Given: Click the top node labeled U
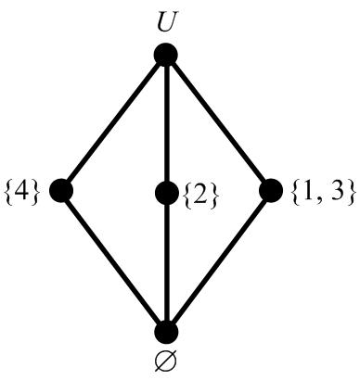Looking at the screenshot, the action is pos(166,56).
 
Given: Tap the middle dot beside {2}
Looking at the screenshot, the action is pos(166,193).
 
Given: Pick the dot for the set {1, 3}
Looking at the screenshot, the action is pos(271,191).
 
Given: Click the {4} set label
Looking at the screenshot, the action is pos(21,193).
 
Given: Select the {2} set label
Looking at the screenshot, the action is pos(202,193).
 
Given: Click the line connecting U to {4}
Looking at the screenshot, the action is pos(113,123).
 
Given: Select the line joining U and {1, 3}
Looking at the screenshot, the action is pos(219,123).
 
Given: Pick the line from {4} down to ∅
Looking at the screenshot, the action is pos(113,261).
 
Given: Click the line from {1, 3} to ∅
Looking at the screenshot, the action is pos(219,261).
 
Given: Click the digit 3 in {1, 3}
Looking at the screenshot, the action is pos(334,192).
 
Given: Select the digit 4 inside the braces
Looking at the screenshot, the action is pos(21,193).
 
